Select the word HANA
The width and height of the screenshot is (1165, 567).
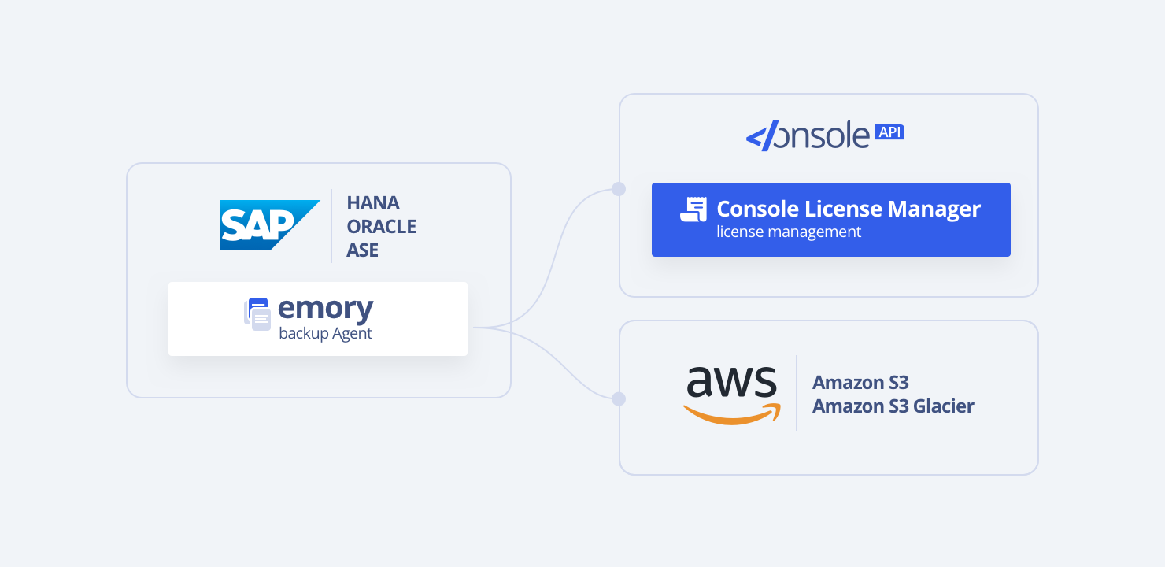click(x=373, y=203)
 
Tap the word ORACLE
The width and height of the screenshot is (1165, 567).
click(x=382, y=227)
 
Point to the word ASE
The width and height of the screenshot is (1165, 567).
click(x=363, y=250)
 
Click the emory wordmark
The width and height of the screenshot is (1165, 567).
click(x=326, y=308)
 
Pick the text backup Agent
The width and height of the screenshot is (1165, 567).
click(x=325, y=334)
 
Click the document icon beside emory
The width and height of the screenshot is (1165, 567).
click(x=257, y=313)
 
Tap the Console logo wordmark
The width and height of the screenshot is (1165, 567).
click(x=807, y=136)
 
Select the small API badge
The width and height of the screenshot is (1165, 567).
click(x=889, y=132)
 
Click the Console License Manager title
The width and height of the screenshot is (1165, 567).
click(x=849, y=209)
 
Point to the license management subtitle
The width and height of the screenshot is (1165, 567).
click(x=789, y=232)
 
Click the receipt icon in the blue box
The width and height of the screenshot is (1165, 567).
click(x=693, y=209)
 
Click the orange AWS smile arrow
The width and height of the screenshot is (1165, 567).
click(x=732, y=415)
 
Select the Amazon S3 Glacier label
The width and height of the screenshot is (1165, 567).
click(x=893, y=406)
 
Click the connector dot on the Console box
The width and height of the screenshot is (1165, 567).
click(x=619, y=189)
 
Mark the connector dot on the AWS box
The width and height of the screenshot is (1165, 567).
click(x=619, y=399)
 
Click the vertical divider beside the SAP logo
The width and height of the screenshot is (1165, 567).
click(x=331, y=226)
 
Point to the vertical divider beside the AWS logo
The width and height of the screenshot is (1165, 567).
click(x=797, y=393)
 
